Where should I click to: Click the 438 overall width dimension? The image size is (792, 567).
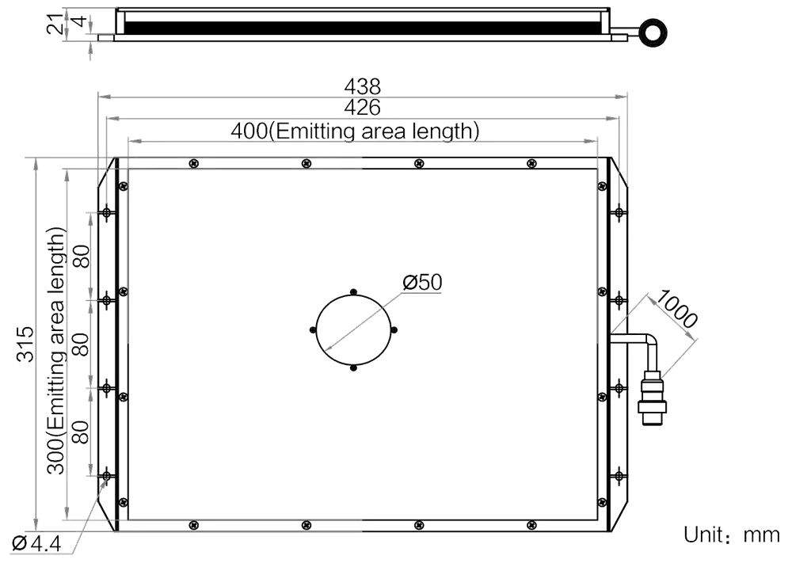tap(362, 86)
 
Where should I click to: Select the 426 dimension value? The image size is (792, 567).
tap(362, 108)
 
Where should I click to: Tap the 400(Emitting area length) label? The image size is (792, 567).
tap(355, 131)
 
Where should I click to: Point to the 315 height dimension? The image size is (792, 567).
tap(25, 344)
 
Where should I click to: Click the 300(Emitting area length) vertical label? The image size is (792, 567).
tap(56, 351)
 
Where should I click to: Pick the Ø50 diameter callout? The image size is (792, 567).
tap(422, 282)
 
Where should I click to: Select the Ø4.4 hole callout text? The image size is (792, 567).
tap(36, 544)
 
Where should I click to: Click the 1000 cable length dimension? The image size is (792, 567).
tap(676, 309)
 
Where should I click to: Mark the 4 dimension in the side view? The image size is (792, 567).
tap(78, 21)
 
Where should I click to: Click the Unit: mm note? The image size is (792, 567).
tap(732, 535)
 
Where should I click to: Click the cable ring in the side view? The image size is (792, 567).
tap(653, 32)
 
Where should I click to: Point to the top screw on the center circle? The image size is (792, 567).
tap(353, 292)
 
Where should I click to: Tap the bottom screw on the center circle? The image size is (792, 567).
tap(353, 368)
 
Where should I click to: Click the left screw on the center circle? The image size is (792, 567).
tap(313, 330)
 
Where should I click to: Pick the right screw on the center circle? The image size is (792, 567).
tap(394, 330)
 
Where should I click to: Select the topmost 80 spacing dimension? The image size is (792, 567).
tap(82, 257)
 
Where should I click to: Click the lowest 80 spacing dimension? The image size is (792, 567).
tap(82, 432)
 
